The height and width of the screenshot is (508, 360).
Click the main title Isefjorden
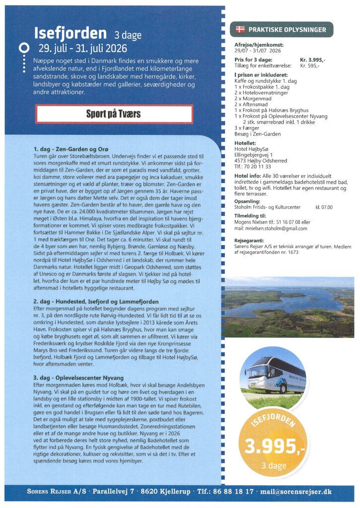coord(70,34)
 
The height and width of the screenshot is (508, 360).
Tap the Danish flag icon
coord(240,30)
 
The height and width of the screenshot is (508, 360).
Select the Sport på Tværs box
coord(113,114)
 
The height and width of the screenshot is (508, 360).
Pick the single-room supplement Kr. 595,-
coord(310,65)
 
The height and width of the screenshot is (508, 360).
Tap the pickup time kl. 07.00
coord(324,207)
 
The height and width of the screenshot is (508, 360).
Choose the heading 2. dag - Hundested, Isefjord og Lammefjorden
coord(96,301)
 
